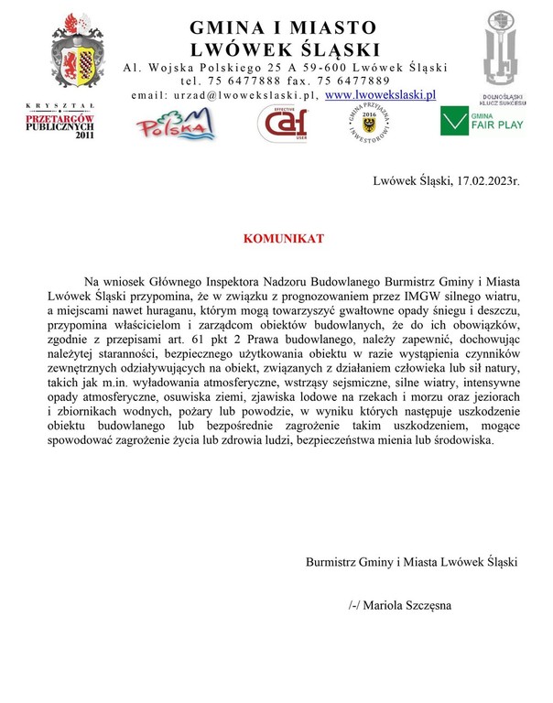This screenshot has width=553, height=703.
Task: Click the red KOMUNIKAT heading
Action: [x=283, y=239]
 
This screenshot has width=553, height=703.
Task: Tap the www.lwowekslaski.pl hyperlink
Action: [x=381, y=93]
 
